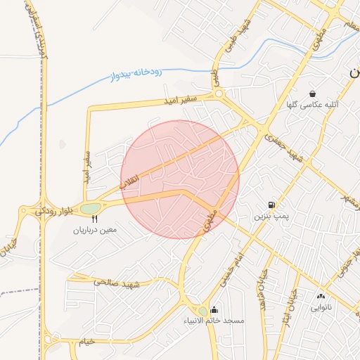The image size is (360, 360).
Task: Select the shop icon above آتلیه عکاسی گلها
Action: point(312,94)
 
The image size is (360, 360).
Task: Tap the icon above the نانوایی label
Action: point(321,297)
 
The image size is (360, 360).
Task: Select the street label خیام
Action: point(86,341)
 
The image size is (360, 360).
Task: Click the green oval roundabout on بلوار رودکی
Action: point(90,208)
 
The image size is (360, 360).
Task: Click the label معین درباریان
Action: point(95,229)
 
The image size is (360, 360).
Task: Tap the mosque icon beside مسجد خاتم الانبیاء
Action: point(214,310)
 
